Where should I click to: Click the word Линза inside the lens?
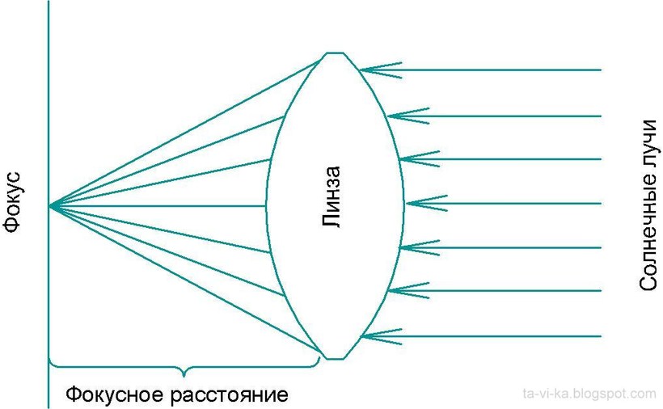(x=331, y=197)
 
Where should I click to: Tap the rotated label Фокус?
(x=12, y=202)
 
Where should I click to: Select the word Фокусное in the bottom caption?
(x=114, y=394)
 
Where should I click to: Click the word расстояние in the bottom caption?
(x=230, y=395)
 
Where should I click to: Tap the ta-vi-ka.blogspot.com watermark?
(x=589, y=394)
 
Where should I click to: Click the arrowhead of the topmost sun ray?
(x=380, y=70)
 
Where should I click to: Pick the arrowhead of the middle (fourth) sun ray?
(x=426, y=204)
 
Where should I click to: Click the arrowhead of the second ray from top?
(x=408, y=116)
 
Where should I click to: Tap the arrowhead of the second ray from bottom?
(x=408, y=291)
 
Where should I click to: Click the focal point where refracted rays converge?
(x=49, y=206)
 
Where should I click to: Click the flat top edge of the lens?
(x=335, y=53)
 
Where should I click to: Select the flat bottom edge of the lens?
(x=336, y=359)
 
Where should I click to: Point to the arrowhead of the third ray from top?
(x=419, y=159)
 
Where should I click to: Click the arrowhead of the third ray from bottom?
(x=419, y=247)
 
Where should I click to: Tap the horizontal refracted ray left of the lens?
(x=158, y=206)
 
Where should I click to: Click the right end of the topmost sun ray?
(x=601, y=70)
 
